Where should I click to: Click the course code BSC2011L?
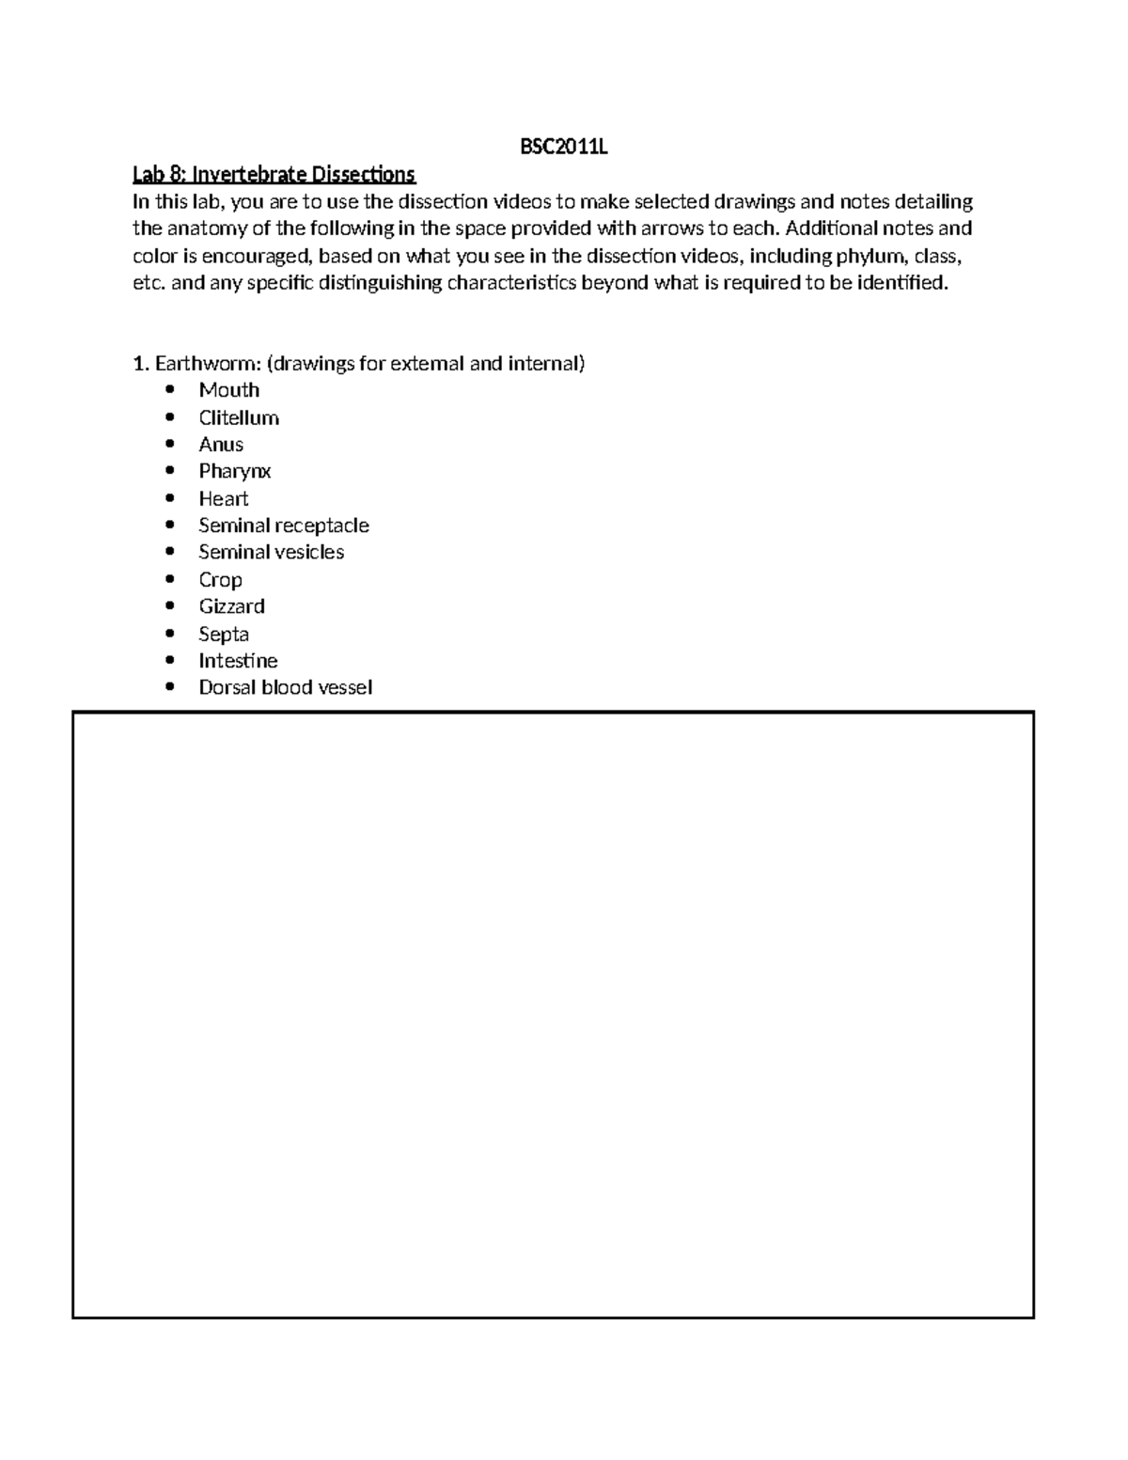[564, 148]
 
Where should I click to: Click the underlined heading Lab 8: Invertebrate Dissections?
[274, 175]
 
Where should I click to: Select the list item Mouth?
[228, 390]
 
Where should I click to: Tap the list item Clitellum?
[239, 417]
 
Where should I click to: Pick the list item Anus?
[221, 445]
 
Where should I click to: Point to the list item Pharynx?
[235, 471]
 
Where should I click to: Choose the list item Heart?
[224, 498]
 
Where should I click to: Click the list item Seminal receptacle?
[284, 526]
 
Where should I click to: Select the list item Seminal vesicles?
[271, 552]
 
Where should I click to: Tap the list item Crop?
[220, 580]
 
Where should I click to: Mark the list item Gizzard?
[231, 606]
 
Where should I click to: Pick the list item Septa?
[224, 635]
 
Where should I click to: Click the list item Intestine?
[238, 661]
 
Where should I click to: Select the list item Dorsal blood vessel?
[285, 687]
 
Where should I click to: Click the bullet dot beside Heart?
[170, 498]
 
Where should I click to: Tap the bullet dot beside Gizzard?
[170, 606]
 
